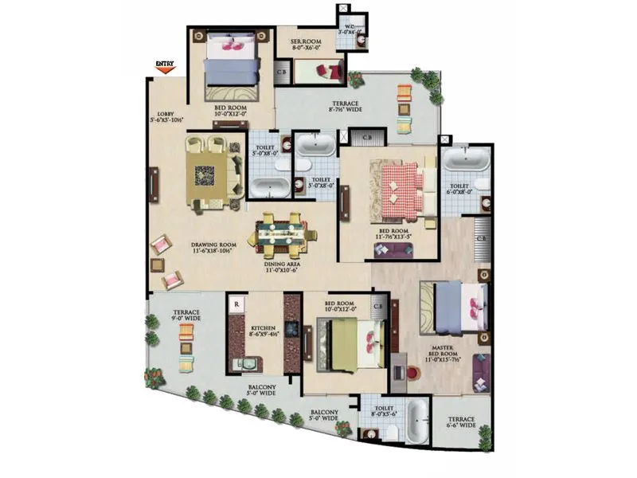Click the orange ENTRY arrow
pyautogui.click(x=165, y=69)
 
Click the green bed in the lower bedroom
pyautogui.click(x=349, y=345)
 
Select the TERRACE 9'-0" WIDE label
pyautogui.click(x=186, y=315)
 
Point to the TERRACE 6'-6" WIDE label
pyautogui.click(x=462, y=423)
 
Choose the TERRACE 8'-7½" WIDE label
pyautogui.click(x=346, y=107)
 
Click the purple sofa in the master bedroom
pyautogui.click(x=482, y=370)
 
